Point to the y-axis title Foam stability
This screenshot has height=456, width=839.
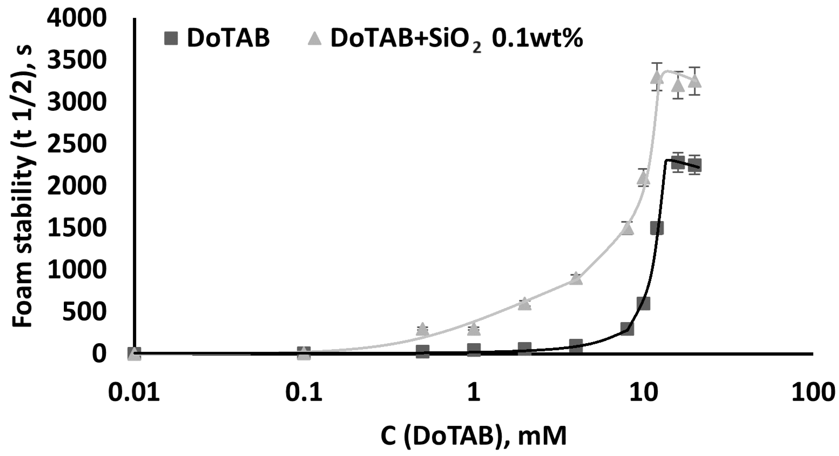click(23, 186)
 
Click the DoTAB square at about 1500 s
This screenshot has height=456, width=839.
click(657, 228)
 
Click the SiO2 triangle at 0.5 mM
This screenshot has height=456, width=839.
click(422, 329)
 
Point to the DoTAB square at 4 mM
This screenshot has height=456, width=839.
click(576, 345)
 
